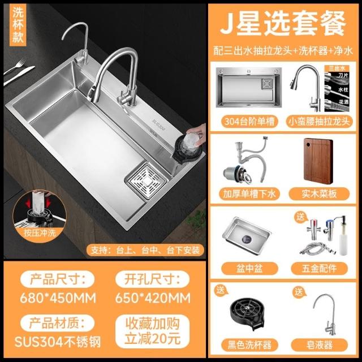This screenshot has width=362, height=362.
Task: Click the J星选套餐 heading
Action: (x=283, y=24)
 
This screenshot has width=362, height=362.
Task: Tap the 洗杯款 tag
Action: (x=18, y=25)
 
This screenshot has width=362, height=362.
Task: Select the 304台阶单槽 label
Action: (x=249, y=122)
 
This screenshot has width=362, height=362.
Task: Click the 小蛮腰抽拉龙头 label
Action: (x=320, y=122)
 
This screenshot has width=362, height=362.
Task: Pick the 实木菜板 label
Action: (x=319, y=193)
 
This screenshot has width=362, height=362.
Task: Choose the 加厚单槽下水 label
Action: (x=249, y=193)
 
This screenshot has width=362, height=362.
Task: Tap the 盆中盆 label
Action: (x=249, y=268)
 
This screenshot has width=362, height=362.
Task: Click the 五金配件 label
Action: (x=319, y=268)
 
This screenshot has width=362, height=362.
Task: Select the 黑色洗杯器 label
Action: (x=249, y=345)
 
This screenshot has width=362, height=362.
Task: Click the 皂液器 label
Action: (x=319, y=345)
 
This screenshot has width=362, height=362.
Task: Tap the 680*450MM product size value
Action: (x=58, y=298)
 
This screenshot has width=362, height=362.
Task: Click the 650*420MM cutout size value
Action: (x=153, y=298)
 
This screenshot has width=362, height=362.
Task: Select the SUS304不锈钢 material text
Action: (x=58, y=342)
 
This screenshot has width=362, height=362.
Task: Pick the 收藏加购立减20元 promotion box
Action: (x=152, y=331)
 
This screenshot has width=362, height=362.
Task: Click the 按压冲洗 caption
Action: (x=40, y=232)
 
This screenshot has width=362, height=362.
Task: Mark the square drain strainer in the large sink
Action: (x=146, y=181)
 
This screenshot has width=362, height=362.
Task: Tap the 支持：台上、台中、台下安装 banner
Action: (x=145, y=250)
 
